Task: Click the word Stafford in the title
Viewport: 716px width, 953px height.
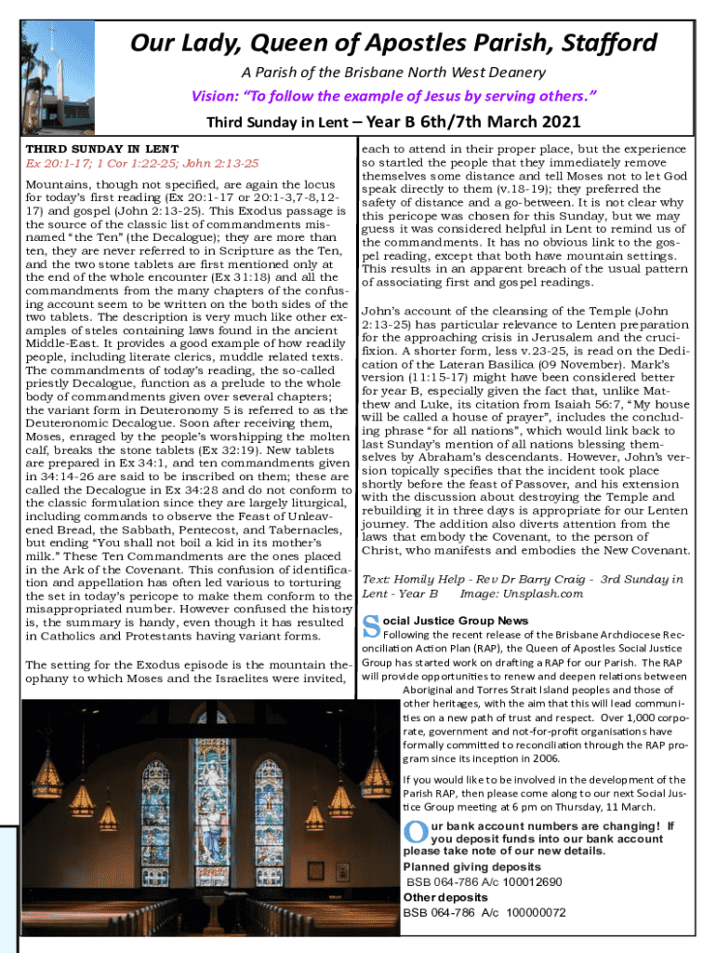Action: tap(603, 43)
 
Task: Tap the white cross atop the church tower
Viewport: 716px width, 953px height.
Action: tap(53, 36)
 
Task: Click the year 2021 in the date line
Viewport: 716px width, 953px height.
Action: tap(553, 122)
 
